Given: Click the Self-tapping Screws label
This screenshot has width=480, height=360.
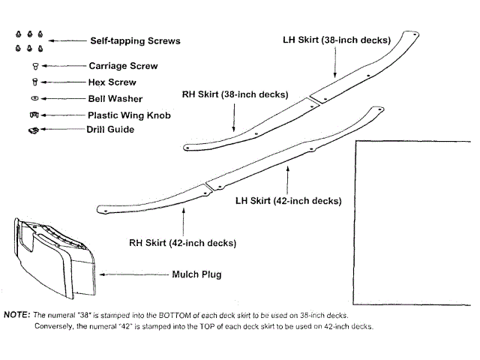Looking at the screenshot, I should pos(135,40).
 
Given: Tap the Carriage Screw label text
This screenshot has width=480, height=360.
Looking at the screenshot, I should pos(123,65).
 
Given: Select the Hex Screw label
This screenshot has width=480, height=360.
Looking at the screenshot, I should pos(112,82).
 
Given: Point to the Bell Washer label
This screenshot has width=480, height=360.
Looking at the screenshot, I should pos(115,98).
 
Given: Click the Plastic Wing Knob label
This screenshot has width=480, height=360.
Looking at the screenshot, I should pos(129,115).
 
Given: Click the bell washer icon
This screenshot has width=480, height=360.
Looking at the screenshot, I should pos(34,98).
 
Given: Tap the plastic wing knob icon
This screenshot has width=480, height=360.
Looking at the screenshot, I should pos(34,115).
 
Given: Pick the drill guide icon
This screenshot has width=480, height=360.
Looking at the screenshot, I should pos(32,130).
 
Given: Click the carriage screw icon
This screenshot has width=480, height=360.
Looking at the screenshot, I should pos(34,66).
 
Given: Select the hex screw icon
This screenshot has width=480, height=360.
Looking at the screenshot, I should pos(34,82).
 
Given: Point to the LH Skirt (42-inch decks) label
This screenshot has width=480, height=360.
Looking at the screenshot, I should pos(289,200).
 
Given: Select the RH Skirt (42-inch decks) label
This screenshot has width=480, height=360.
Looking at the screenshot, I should pos(182,242).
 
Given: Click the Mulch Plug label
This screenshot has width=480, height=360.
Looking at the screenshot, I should pos(196,274).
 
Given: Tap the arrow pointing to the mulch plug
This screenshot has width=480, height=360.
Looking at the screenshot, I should pos(128,274).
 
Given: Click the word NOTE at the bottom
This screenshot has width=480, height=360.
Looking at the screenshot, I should pos(16,315).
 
